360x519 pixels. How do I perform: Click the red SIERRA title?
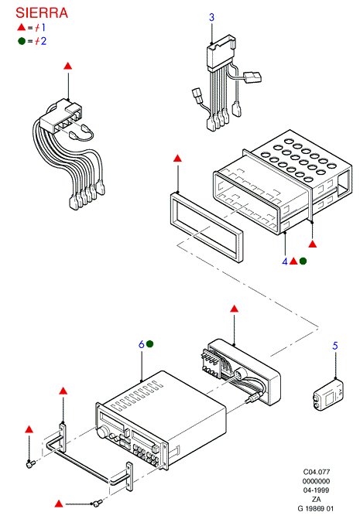pos(42,13)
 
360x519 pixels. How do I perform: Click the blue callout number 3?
pos(211,17)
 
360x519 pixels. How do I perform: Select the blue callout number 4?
pos(285,261)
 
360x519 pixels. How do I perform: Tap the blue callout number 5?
pos(335,346)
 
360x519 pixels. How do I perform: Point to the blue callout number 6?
pos(142,344)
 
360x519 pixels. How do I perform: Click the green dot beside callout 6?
pos(149,344)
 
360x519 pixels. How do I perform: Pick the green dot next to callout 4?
pos(303,261)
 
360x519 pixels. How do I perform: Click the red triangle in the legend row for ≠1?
pos(21,27)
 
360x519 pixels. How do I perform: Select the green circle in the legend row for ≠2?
pos(22,41)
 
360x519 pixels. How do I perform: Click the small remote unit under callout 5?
pos(328,395)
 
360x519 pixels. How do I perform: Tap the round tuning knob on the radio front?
pos(103,432)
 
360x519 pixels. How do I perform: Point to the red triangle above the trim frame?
pos(177,159)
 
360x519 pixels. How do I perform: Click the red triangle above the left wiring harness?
pos(68,66)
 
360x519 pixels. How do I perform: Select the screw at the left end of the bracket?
pos(31,464)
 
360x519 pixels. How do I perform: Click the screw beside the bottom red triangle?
pos(98,503)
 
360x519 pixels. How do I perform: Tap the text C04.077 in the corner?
pos(317,472)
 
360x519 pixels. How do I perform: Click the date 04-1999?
pos(317,490)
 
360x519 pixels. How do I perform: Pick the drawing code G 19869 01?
pos(316,508)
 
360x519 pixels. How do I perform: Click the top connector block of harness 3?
pos(221,53)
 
